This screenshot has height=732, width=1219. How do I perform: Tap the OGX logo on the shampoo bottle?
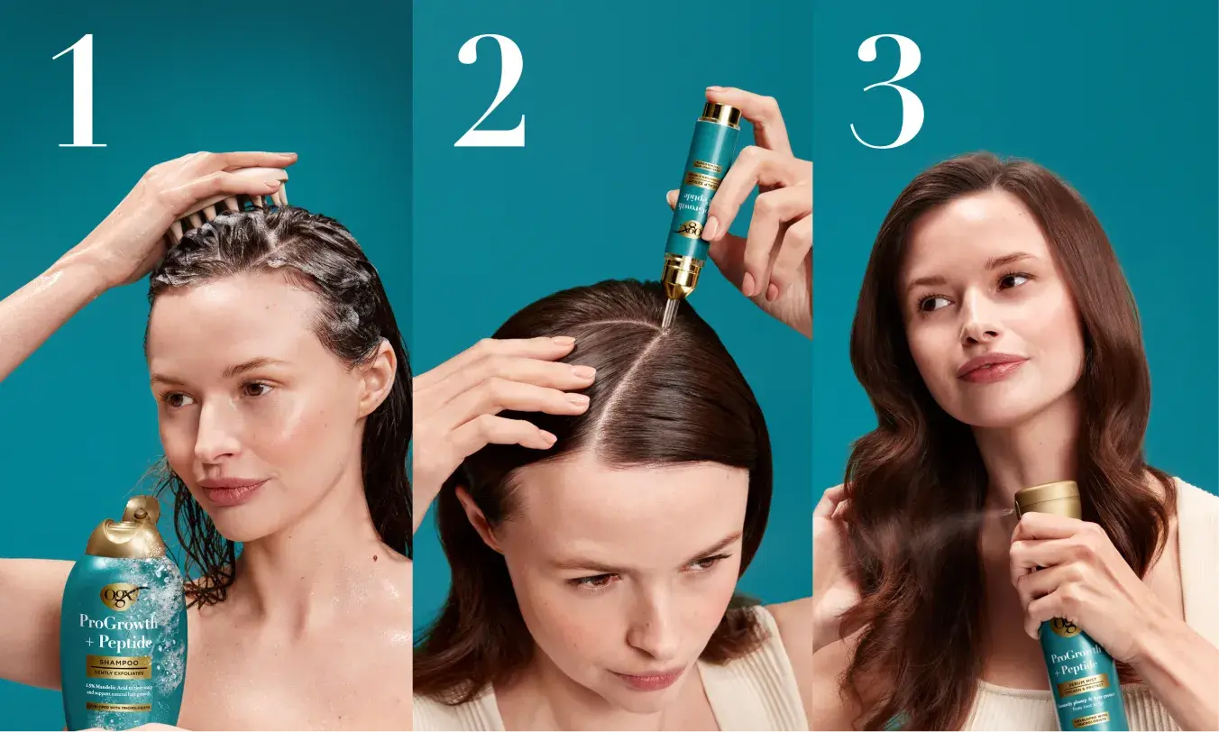coord(123,596)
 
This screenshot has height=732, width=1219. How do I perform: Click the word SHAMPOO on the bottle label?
coord(119,661)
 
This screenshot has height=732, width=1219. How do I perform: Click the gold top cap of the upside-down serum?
coord(721,114)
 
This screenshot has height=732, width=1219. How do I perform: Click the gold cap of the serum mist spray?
coord(1048,500)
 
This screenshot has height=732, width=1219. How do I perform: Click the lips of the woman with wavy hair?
coord(992,366)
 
